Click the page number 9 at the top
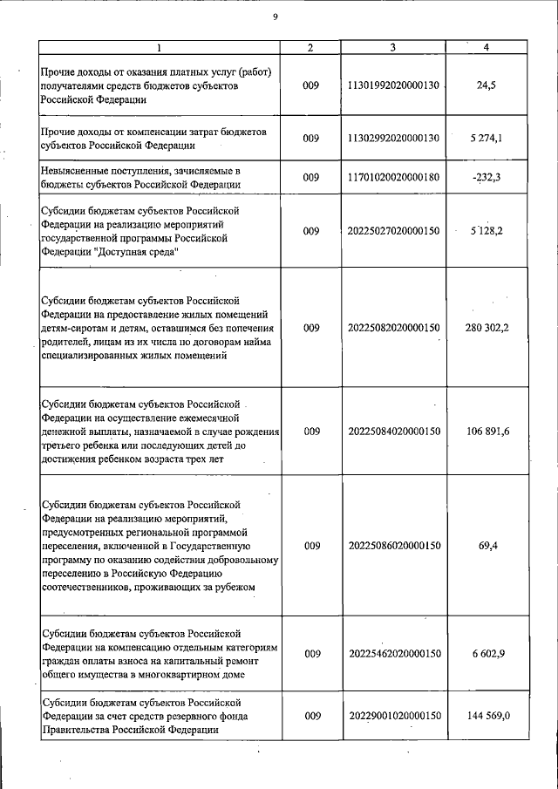pos(275,15)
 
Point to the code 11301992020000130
pos(394,87)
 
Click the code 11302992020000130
pos(394,138)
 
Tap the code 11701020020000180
pos(394,177)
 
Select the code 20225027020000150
pos(394,231)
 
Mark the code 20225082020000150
pos(394,328)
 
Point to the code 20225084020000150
pos(394,432)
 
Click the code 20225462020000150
pos(394,653)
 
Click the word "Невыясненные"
pos(78,170)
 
